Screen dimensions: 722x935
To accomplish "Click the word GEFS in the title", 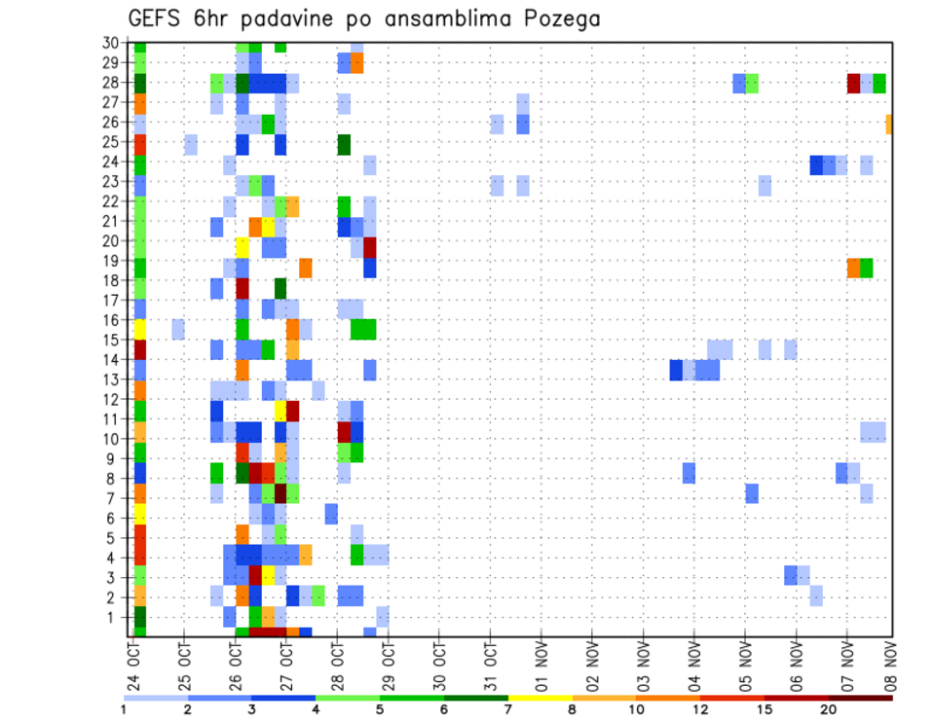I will point(161,18).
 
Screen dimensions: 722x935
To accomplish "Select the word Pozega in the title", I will point(561,19).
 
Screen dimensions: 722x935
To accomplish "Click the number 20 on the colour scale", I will point(829,709).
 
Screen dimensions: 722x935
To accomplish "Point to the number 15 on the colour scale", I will point(765,709).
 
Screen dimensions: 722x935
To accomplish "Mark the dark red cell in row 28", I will point(853,83).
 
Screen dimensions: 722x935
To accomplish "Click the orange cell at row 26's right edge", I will point(889,124).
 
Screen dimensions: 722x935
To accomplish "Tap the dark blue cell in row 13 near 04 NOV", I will point(676,370).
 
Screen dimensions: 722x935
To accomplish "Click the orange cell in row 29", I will point(356,63).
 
